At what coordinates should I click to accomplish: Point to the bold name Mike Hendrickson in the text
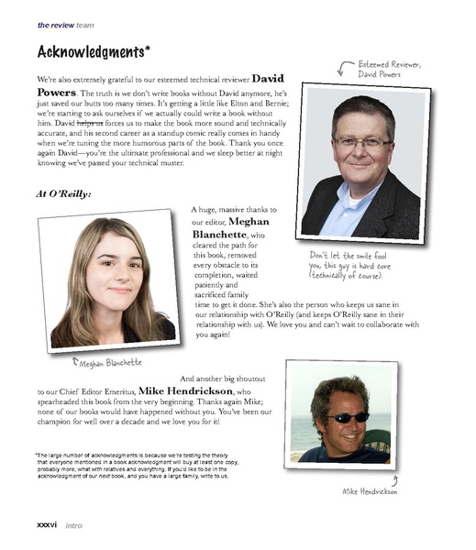point(189,390)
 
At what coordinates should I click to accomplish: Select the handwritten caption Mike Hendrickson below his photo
point(370,491)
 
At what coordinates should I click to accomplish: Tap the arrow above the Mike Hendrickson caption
point(394,478)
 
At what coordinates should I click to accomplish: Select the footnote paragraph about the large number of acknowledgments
point(131,465)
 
